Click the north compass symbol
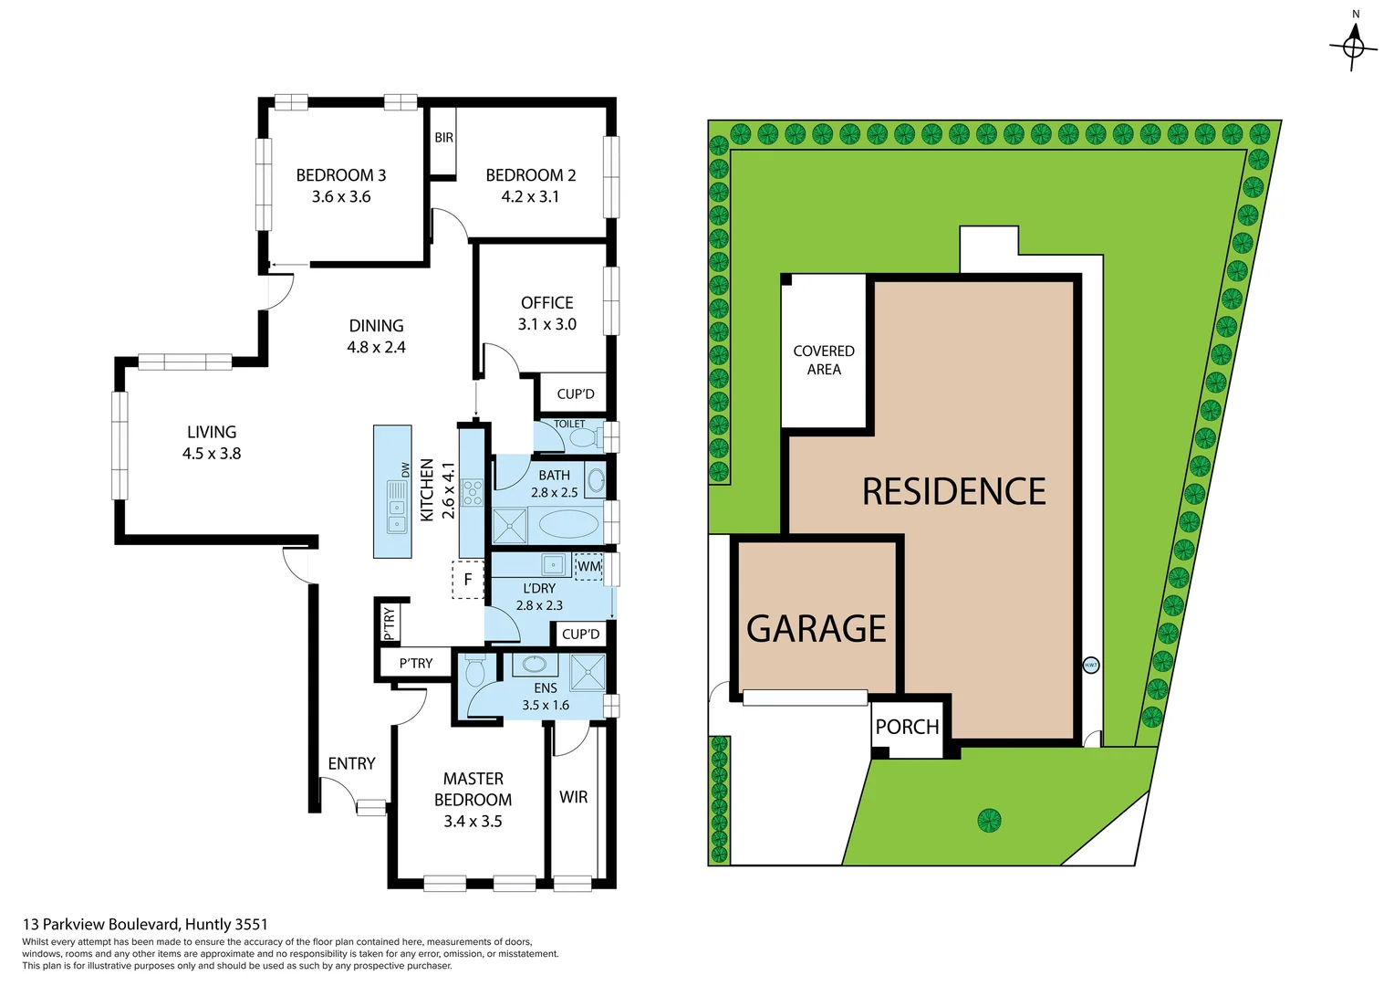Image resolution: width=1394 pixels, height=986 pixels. tap(1354, 45)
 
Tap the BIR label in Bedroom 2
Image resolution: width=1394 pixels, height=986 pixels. tap(443, 138)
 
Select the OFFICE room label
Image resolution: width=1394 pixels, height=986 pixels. tap(546, 303)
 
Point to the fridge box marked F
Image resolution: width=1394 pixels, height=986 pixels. tap(468, 580)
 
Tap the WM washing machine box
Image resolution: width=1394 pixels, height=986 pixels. tap(589, 567)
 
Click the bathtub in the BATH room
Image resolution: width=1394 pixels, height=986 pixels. tap(568, 525)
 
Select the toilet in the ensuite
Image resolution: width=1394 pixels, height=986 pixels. tap(474, 674)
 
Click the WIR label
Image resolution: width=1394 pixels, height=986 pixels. tap(573, 797)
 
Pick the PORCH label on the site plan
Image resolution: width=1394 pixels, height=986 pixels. tap(907, 727)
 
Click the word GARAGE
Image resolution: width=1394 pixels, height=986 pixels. tap(816, 629)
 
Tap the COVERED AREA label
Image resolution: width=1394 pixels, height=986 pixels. tap(824, 360)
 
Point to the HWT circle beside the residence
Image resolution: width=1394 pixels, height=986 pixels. tap(1090, 666)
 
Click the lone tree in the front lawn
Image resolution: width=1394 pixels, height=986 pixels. tap(989, 820)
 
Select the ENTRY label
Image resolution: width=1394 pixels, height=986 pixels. tap(351, 763)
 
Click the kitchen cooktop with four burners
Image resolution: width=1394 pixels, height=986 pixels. tap(472, 493)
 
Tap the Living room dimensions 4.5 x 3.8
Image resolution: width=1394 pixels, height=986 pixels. tap(212, 454)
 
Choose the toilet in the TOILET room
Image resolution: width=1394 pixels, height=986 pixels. tap(582, 439)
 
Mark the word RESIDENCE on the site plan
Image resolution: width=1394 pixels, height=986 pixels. tap(953, 492)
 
